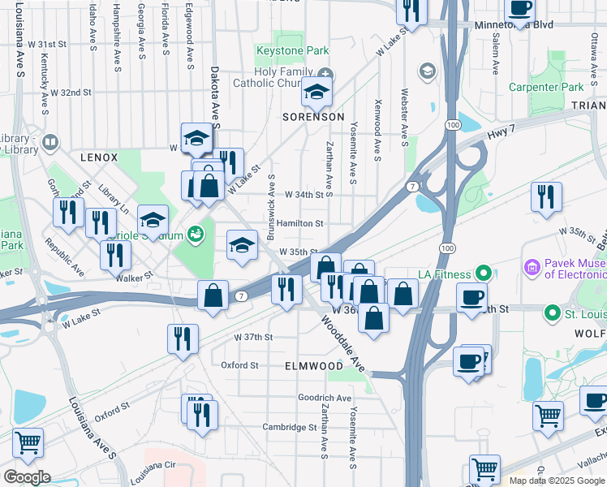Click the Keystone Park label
pos(292,50)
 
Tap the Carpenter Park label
pos(546,87)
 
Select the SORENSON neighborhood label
pos(313,117)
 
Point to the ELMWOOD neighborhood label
pos(314,366)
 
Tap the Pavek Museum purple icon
pos(533,266)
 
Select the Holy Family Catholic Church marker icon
pos(325,74)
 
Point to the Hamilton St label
pos(299,223)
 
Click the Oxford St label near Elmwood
pos(239,365)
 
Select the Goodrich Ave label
pos(324,398)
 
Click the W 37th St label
pos(253,337)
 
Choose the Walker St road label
pos(135,277)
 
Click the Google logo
pos(27,477)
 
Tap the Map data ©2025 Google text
pos(557,481)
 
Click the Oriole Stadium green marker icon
pos(195,235)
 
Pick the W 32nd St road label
pos(68,93)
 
